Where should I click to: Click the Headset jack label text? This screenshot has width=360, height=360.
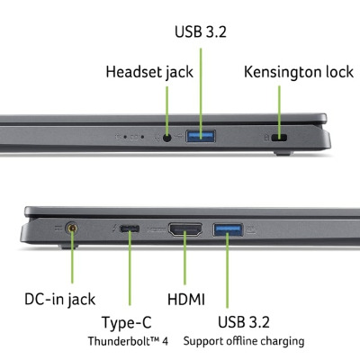[149, 72]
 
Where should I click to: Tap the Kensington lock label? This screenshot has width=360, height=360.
[299, 72]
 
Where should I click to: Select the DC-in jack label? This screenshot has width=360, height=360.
[59, 300]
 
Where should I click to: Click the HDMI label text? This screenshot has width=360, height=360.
[186, 300]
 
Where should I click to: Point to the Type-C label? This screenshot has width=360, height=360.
[127, 323]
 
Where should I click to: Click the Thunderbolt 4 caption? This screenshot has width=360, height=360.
[128, 341]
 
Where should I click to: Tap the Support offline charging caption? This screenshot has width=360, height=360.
[244, 341]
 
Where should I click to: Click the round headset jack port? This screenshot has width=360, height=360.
[167, 138]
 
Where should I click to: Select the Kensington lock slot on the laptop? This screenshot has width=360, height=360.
[279, 138]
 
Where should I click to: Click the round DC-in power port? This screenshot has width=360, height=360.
[72, 229]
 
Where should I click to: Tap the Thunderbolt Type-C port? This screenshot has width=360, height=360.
[130, 229]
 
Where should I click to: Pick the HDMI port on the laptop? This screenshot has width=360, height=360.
[185, 229]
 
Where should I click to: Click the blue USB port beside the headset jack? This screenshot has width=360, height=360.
[201, 136]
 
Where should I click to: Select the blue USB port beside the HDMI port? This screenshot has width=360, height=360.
[228, 229]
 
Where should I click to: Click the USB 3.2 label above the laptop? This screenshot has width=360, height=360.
[201, 31]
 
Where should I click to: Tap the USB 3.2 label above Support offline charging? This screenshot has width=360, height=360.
[244, 322]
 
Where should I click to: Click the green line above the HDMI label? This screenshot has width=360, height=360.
[184, 257]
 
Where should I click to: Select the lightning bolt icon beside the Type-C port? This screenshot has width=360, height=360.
[114, 229]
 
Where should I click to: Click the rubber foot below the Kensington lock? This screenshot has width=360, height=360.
[283, 153]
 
